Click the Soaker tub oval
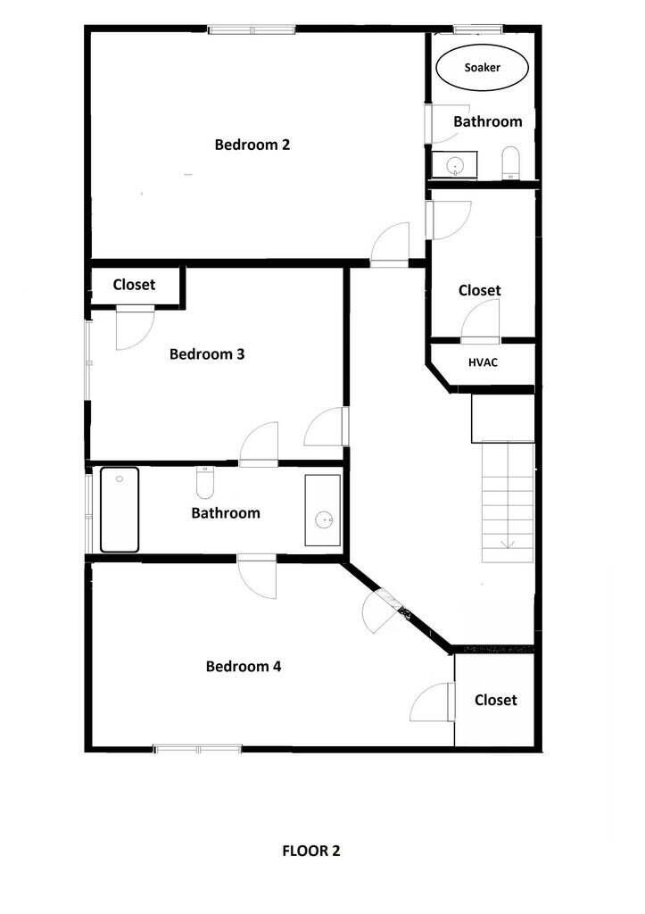tap(482, 68)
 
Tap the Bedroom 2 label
tap(252, 145)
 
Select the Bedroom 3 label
tap(207, 354)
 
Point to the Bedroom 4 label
tap(244, 667)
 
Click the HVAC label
tap(483, 362)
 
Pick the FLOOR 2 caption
tap(311, 851)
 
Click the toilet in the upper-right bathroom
tap(510, 162)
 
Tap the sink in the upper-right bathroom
tap(455, 165)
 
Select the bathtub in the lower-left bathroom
tap(119, 510)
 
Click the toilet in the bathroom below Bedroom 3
tap(205, 484)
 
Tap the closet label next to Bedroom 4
tap(495, 701)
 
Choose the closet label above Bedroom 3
tap(134, 285)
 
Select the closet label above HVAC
tap(479, 291)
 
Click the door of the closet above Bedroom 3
tap(134, 327)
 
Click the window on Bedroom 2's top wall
tap(252, 30)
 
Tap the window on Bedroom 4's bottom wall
tap(197, 749)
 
